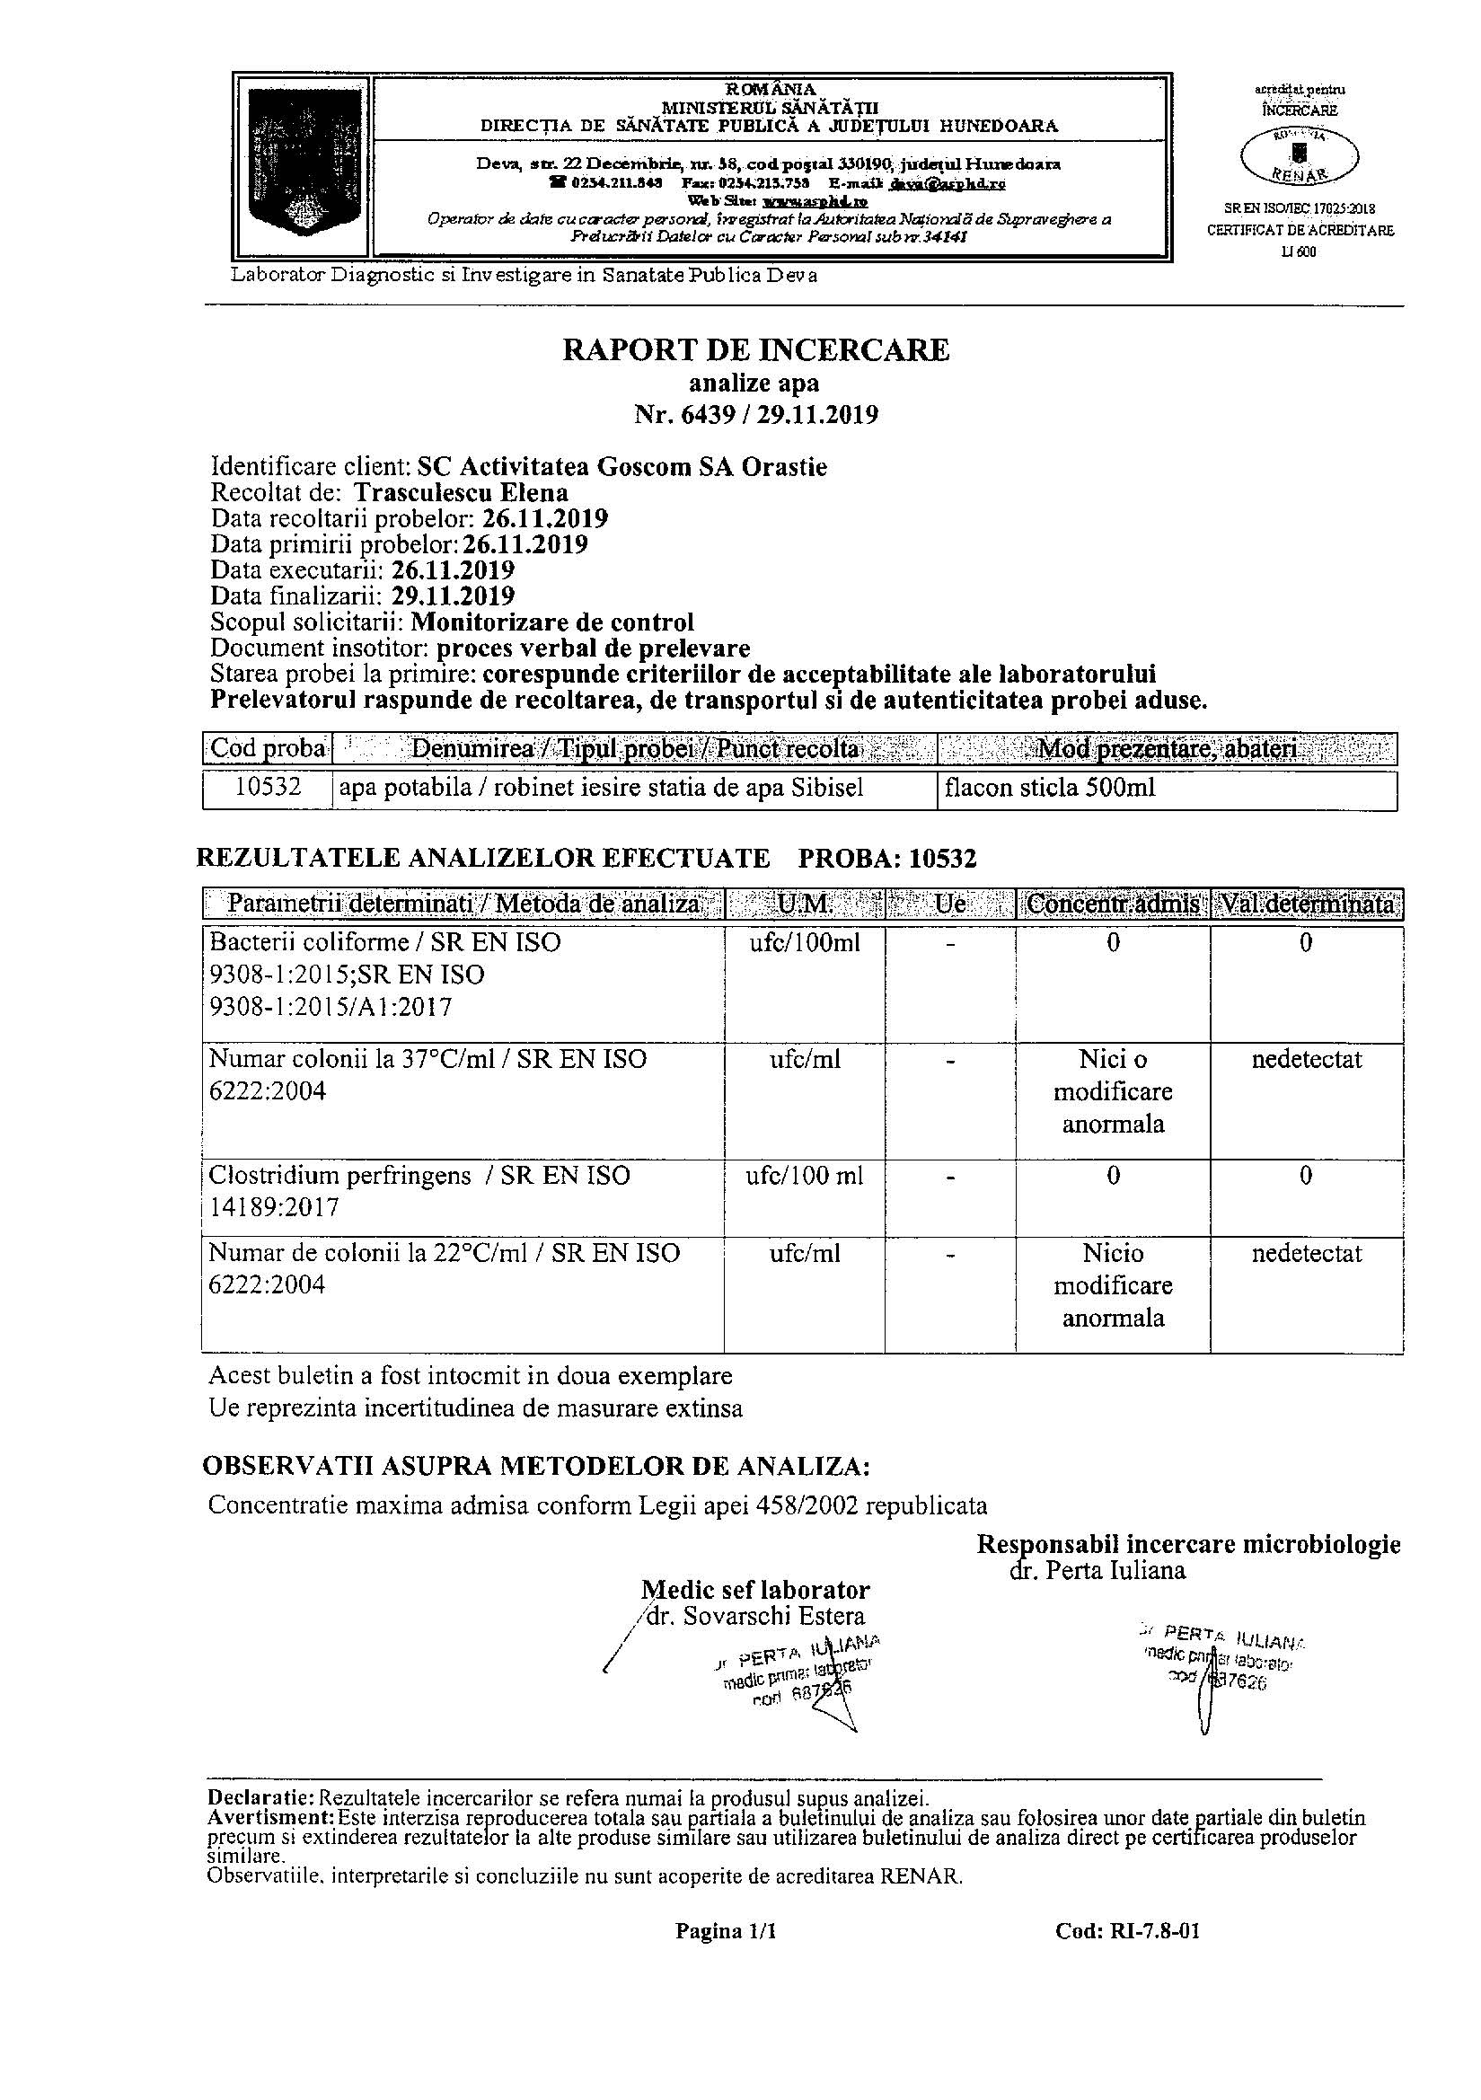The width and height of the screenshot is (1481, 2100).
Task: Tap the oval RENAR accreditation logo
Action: pos(1299,155)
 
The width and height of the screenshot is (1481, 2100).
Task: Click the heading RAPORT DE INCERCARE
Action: pos(755,349)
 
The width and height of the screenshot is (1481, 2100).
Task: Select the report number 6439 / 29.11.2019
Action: pos(755,415)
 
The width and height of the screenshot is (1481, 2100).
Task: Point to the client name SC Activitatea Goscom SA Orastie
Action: pos(622,467)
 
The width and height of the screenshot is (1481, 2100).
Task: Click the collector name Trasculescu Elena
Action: pos(461,493)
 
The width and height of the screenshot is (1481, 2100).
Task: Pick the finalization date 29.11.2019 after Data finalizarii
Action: pos(453,596)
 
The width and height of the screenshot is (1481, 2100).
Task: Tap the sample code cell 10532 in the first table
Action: pos(268,788)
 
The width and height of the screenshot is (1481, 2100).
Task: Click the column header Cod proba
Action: pos(268,749)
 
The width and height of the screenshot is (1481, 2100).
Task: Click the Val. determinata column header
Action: pos(1306,904)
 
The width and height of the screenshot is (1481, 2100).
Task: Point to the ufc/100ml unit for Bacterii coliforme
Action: pos(804,942)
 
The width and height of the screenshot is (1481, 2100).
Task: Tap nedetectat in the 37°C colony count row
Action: pos(1306,1059)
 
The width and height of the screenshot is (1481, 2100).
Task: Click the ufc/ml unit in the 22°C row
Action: pos(804,1253)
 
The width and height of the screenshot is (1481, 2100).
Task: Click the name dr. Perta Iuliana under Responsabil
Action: pos(1097,1570)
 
